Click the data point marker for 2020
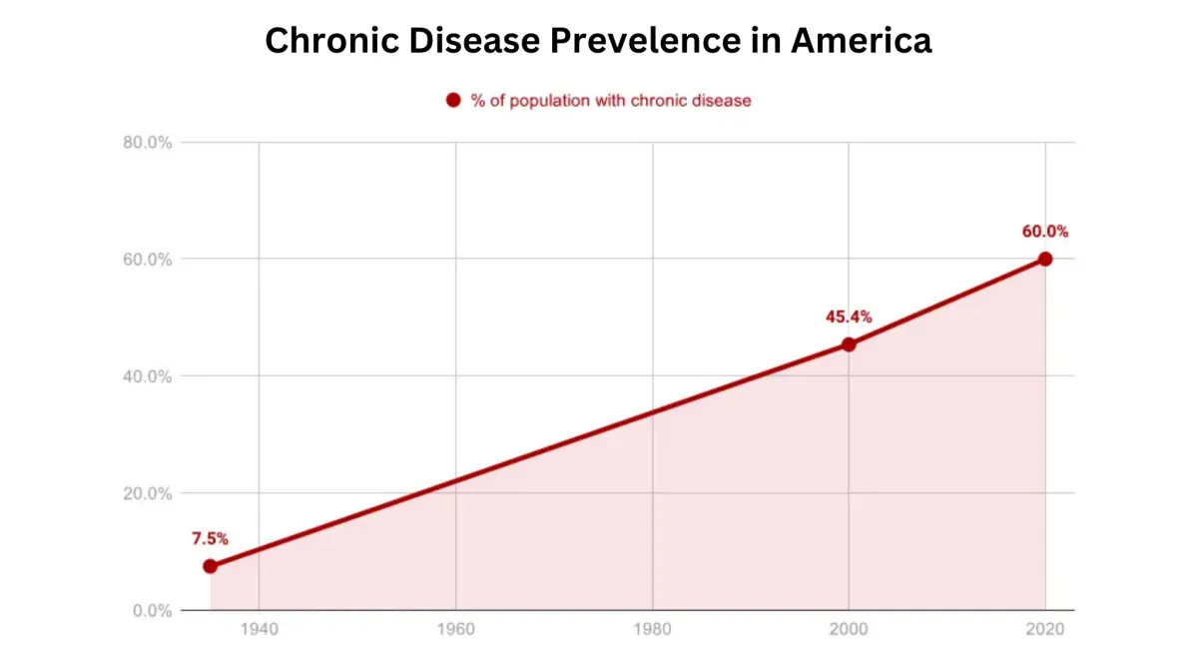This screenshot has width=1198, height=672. click(x=1045, y=259)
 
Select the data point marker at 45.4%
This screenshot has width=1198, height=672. click(x=849, y=344)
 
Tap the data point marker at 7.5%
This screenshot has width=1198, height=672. click(x=210, y=566)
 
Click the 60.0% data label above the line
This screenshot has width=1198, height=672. click(x=1045, y=232)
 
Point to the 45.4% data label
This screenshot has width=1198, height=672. click(x=849, y=318)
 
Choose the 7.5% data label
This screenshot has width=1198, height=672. click(x=210, y=539)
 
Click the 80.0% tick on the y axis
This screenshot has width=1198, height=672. click(x=148, y=143)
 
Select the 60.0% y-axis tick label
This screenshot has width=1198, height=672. click(x=148, y=260)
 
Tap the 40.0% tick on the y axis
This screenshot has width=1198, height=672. click(x=148, y=376)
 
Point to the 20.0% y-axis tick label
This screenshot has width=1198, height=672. click(x=148, y=493)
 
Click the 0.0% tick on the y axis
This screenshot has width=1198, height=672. click(x=152, y=610)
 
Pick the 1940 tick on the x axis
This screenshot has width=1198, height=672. click(x=259, y=631)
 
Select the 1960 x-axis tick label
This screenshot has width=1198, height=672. click(x=455, y=631)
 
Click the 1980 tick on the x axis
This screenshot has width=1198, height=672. click(x=652, y=631)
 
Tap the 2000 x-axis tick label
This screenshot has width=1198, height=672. click(x=849, y=631)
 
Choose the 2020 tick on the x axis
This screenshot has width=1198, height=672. click(x=1045, y=631)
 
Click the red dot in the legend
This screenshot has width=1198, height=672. click(x=453, y=100)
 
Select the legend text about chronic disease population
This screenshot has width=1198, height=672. click(x=610, y=101)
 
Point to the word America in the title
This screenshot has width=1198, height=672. click(x=860, y=42)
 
